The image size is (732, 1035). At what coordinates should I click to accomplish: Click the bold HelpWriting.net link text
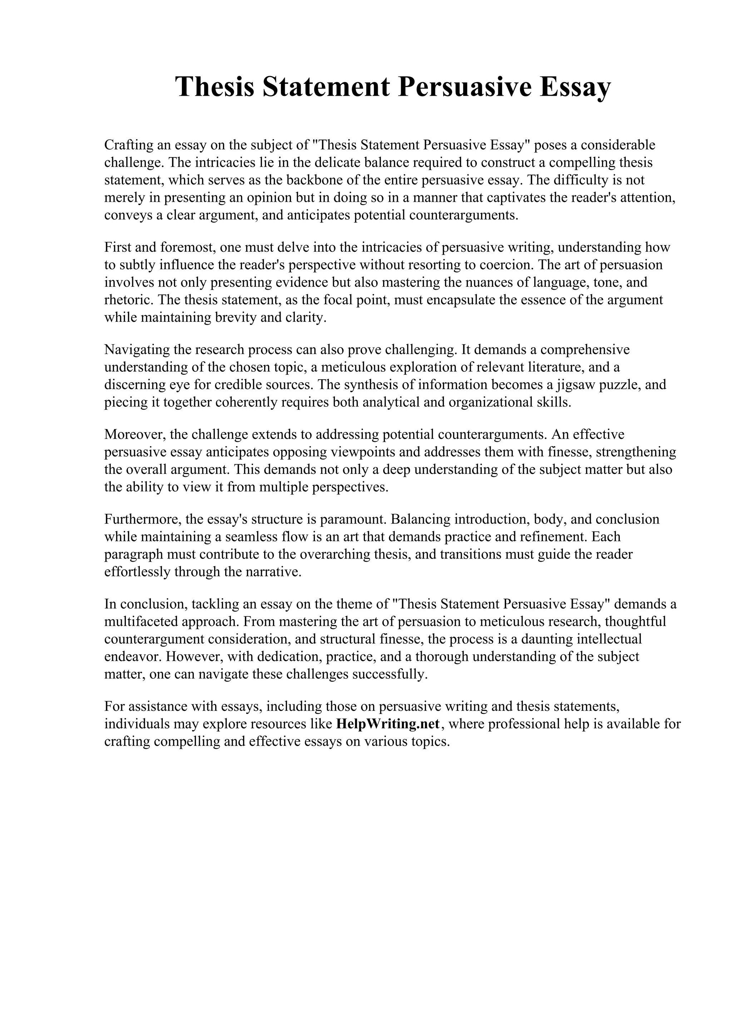click(388, 724)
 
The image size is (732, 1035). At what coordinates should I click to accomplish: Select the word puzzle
click(620, 385)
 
